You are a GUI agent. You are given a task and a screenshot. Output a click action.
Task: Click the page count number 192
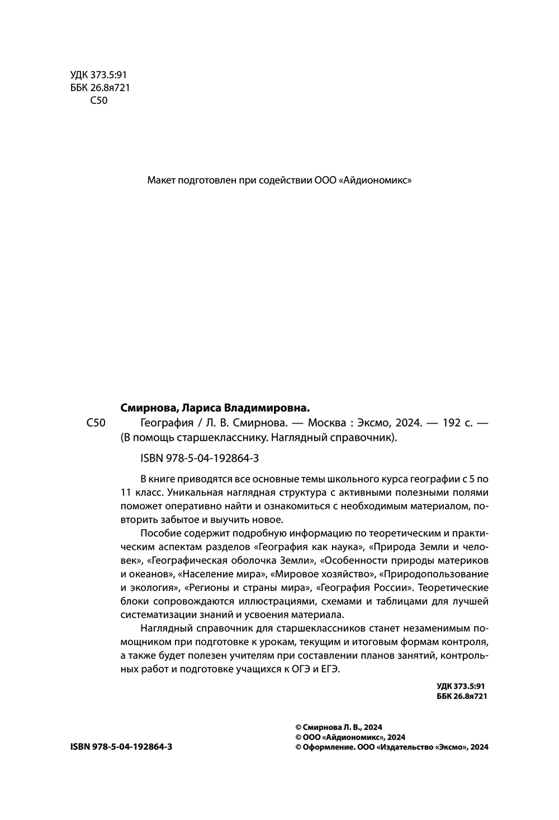[x=452, y=423]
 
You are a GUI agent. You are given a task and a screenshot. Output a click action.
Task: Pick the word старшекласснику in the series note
[x=214, y=437]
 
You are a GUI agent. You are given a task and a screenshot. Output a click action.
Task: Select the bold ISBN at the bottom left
[x=121, y=747]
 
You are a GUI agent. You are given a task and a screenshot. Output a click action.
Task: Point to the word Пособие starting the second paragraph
[x=159, y=533]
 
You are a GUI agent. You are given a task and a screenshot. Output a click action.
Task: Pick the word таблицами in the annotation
[x=411, y=601]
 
